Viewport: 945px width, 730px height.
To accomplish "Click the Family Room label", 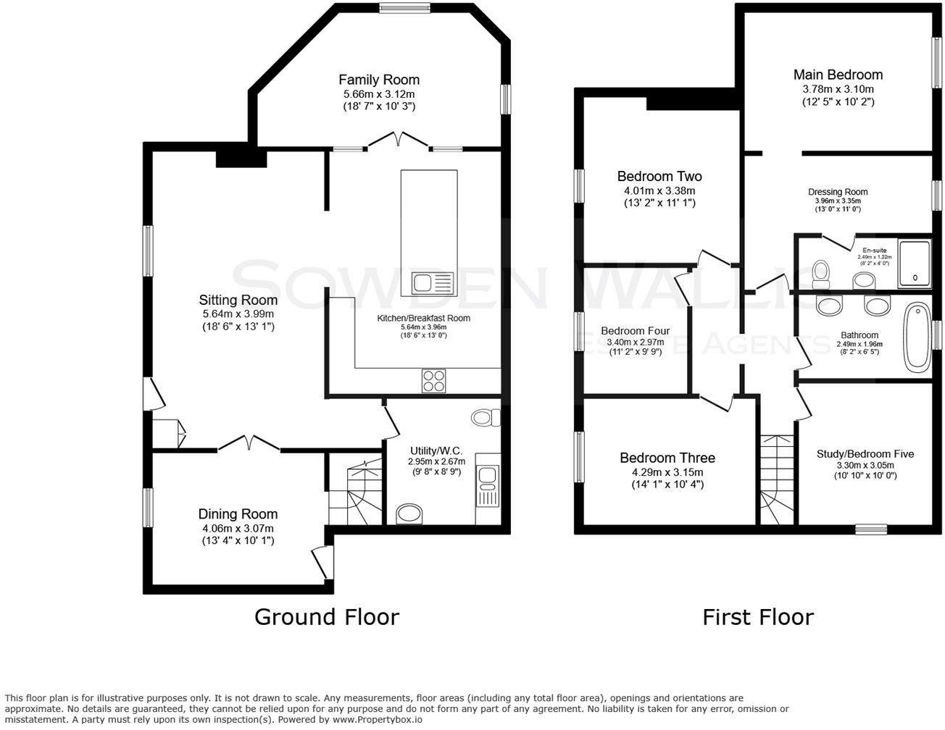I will pyautogui.click(x=378, y=80).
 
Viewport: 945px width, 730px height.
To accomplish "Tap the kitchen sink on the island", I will pyautogui.click(x=433, y=282).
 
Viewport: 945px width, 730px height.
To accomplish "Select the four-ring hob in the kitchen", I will pyautogui.click(x=433, y=381).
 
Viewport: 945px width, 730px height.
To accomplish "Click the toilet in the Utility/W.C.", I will pyautogui.click(x=486, y=418).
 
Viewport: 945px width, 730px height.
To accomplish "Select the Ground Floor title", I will pyautogui.click(x=326, y=617).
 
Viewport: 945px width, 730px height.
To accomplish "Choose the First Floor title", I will pyautogui.click(x=757, y=617).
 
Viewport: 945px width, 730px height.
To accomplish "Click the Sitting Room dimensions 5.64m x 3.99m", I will pyautogui.click(x=238, y=314).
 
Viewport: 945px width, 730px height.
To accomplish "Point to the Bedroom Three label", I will pyautogui.click(x=667, y=458).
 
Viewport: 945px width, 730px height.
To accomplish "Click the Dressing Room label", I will pyautogui.click(x=838, y=192).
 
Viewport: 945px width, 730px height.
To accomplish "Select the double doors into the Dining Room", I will pyautogui.click(x=249, y=444).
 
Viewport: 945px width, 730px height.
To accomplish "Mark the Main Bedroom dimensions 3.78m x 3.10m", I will pyautogui.click(x=838, y=89).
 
